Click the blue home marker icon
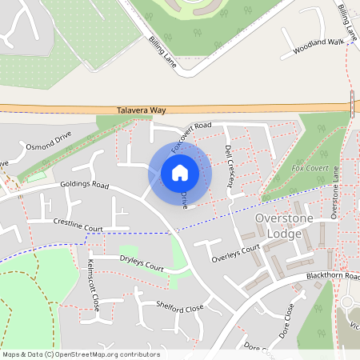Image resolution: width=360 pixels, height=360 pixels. tap(180, 173)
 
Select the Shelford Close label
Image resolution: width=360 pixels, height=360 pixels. tap(180, 306)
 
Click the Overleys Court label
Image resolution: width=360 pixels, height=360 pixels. tap(235, 254)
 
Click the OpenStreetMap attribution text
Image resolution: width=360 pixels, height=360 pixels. tap(81, 354)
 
